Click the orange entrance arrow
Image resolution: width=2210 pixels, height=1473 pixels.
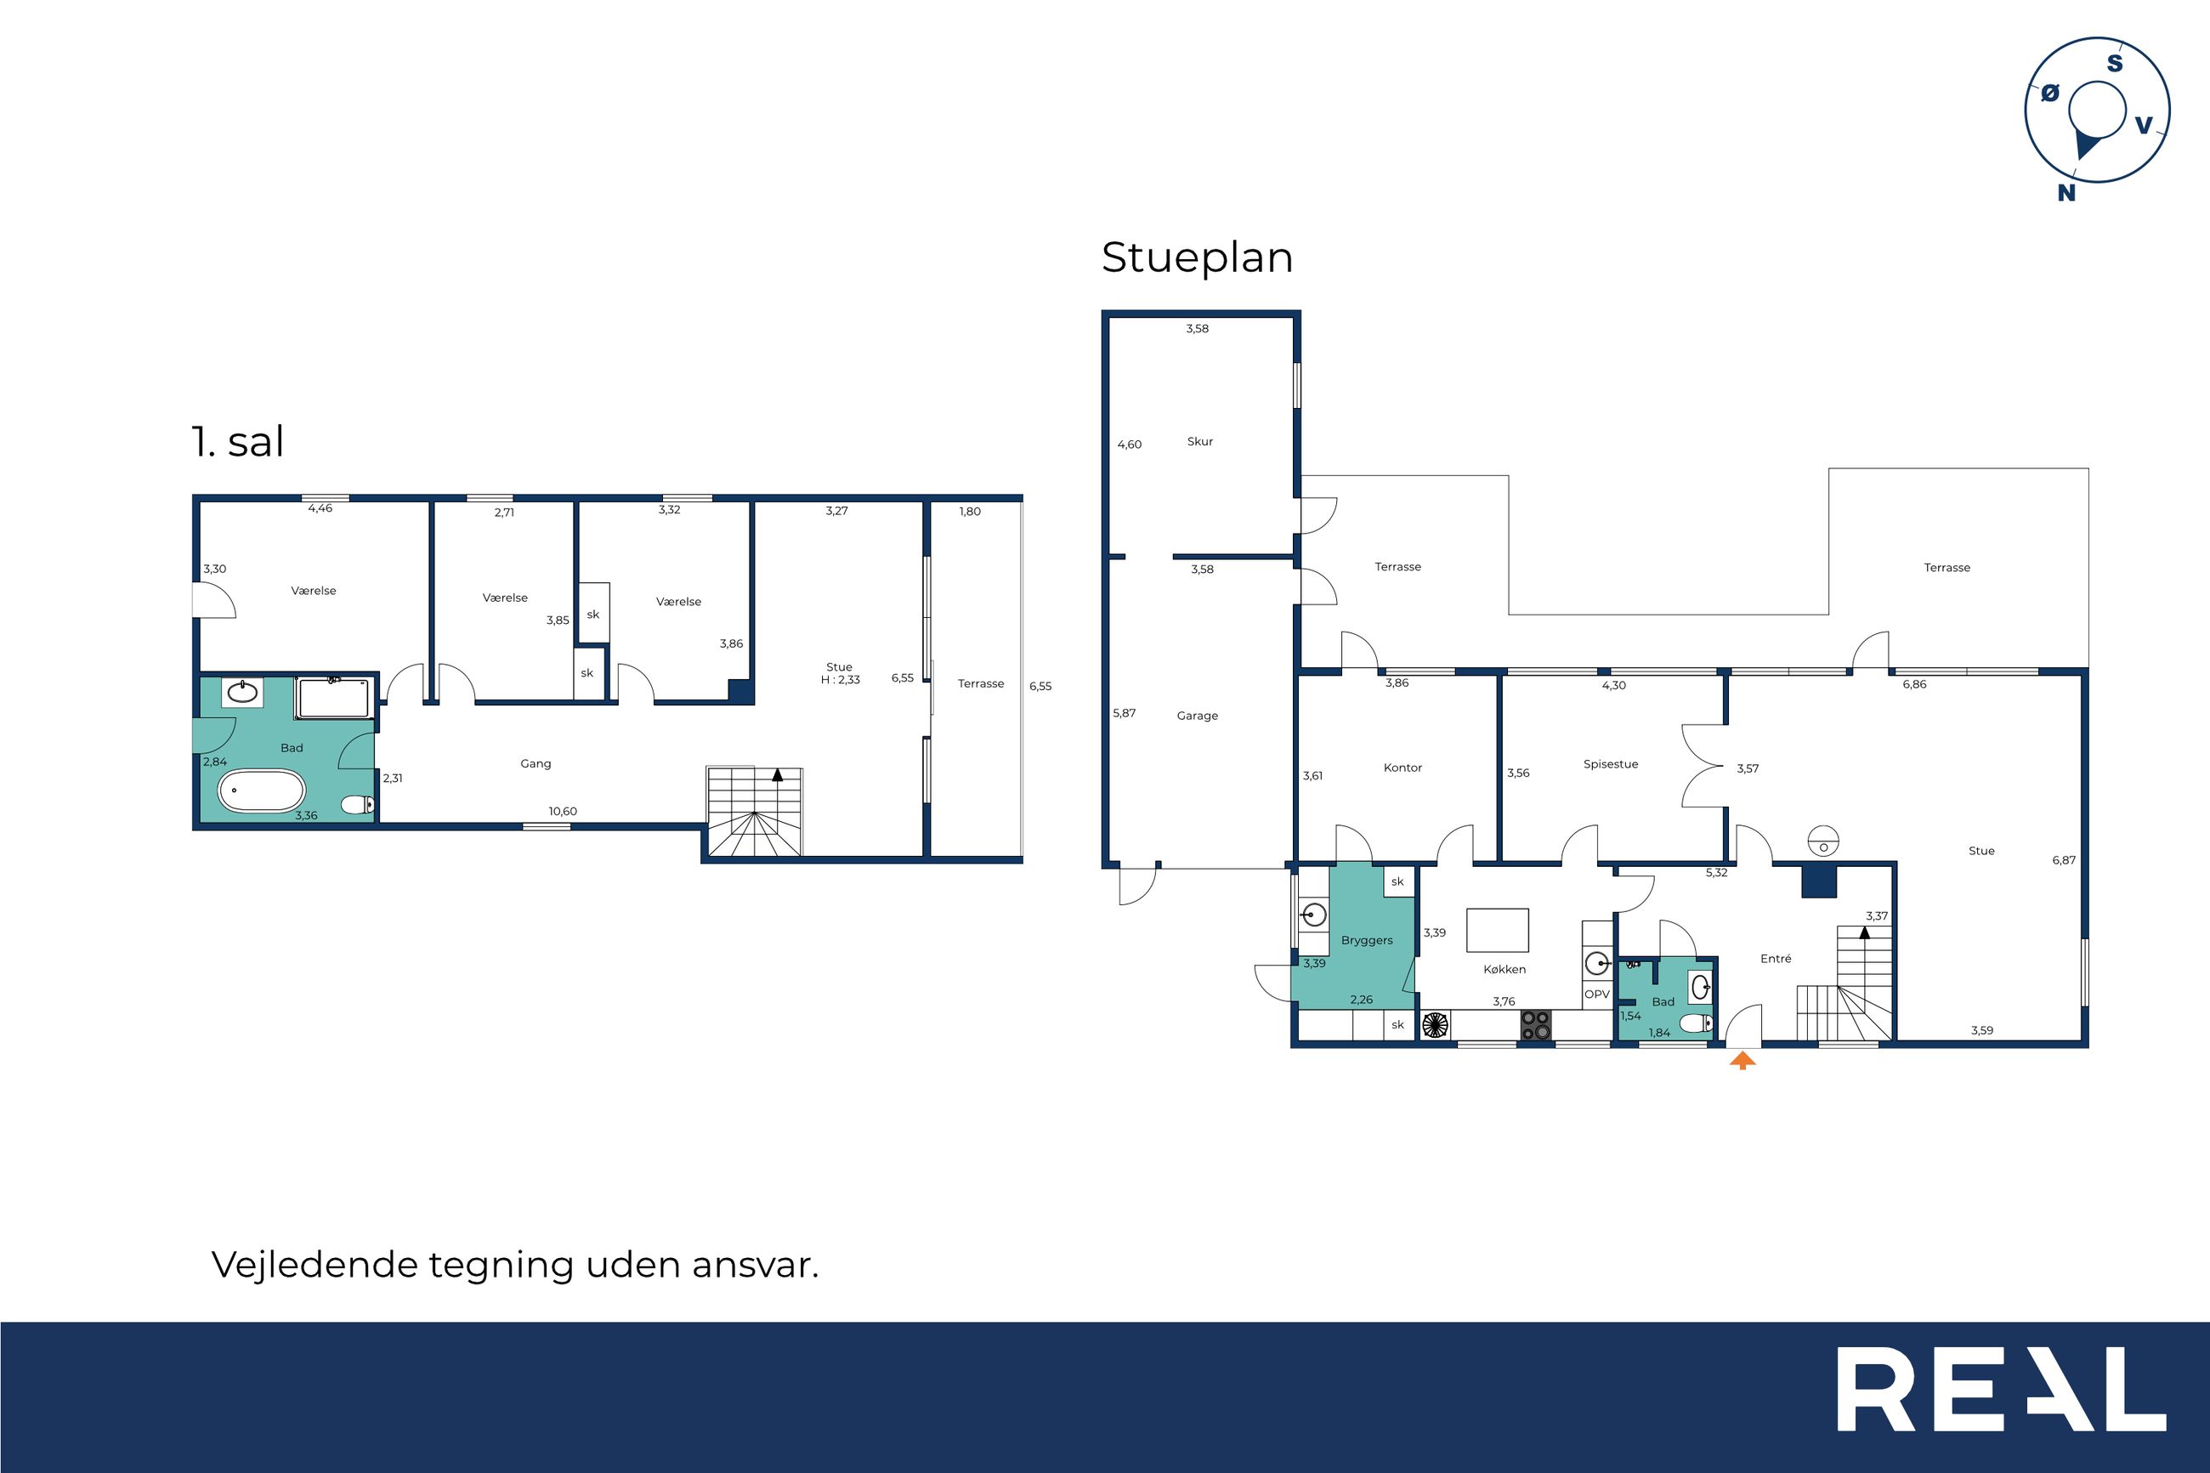point(1742,1061)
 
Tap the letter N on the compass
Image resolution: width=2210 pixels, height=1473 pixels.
point(2066,193)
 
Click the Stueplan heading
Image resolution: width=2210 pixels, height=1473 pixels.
point(1198,258)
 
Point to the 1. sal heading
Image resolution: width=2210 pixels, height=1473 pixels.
point(238,441)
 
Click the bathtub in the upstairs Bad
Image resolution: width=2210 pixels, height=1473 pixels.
point(262,791)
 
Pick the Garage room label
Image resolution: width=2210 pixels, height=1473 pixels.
point(1198,716)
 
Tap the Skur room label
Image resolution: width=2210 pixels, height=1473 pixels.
point(1200,441)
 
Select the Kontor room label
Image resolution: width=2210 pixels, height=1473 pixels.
point(1403,768)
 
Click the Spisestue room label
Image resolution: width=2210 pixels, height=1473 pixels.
point(1611,764)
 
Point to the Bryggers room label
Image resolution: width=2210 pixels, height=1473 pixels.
point(1367,940)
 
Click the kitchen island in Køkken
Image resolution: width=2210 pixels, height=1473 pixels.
point(1497,930)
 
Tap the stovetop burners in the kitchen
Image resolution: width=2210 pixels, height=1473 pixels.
point(1537,1025)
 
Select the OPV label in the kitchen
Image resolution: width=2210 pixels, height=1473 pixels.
point(1598,994)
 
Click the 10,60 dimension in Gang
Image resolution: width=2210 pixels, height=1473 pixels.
point(563,812)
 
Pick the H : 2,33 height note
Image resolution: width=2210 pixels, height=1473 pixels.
point(840,680)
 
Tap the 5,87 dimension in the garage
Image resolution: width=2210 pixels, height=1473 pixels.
point(1125,713)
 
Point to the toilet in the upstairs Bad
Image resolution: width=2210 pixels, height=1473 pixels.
point(358,804)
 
